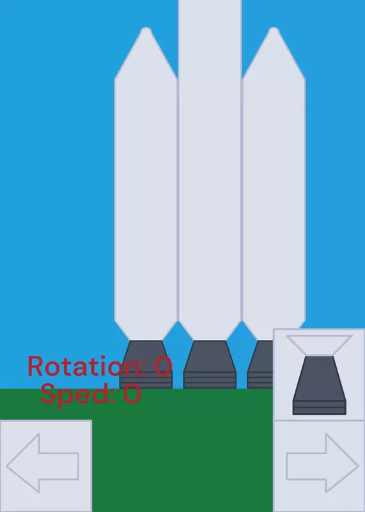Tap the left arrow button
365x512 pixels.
[x=45, y=466]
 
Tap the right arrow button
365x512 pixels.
[x=319, y=466]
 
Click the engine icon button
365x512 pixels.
[x=319, y=374]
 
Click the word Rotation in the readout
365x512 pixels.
[x=86, y=366]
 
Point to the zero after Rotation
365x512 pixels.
[x=163, y=366]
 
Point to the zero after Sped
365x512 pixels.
[x=132, y=394]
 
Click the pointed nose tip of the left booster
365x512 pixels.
[x=146, y=28]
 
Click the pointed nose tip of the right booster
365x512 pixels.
[x=274, y=28]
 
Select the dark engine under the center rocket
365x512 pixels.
[x=210, y=364]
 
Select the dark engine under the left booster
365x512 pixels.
[x=146, y=364]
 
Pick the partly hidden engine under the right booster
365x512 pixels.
[x=260, y=364]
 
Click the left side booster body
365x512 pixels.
[x=146, y=196]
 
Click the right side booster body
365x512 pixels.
[x=274, y=196]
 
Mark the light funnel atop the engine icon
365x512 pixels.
[x=320, y=345]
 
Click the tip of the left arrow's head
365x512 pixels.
[x=7, y=466]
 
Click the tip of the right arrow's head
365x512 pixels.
[x=358, y=466]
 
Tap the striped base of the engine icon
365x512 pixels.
[x=320, y=408]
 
